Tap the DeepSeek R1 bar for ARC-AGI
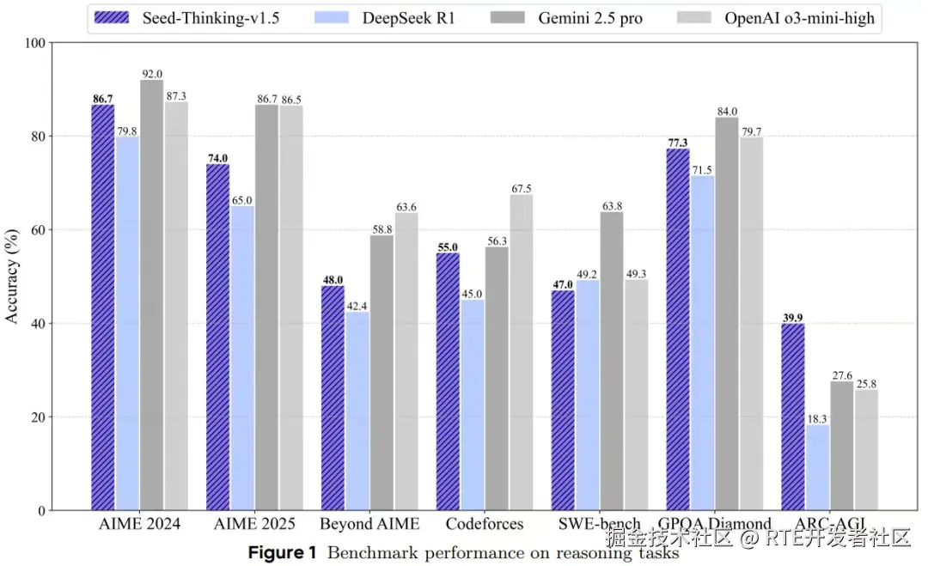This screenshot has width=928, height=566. (817, 467)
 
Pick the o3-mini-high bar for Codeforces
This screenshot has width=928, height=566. (521, 352)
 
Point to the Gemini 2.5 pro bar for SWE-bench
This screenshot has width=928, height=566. (612, 361)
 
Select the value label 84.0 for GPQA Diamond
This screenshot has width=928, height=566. (727, 111)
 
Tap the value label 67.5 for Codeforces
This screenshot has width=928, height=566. (521, 188)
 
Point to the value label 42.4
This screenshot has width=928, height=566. (357, 305)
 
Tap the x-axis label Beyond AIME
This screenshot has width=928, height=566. (369, 524)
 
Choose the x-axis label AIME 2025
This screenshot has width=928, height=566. (253, 524)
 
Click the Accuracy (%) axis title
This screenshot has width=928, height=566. (12, 277)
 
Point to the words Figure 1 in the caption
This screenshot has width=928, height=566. (282, 552)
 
